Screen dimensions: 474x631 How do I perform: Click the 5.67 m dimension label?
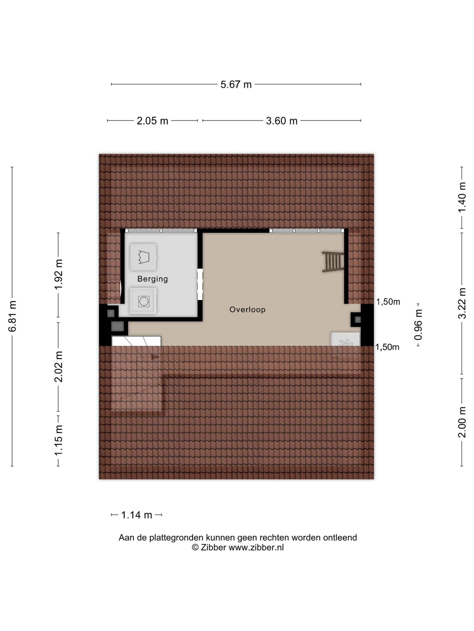point(236,85)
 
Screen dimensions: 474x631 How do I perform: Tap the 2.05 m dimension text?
point(152,121)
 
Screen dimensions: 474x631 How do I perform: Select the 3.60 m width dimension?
point(281,121)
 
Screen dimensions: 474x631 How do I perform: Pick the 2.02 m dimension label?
point(58,367)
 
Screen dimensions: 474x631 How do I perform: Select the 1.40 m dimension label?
point(462,197)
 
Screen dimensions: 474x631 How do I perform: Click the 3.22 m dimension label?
point(462,303)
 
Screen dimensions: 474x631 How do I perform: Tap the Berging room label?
point(153,279)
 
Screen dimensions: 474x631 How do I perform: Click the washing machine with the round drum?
point(143,301)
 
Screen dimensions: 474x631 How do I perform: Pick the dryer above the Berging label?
point(143,257)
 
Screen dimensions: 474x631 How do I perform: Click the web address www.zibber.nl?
point(256,547)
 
